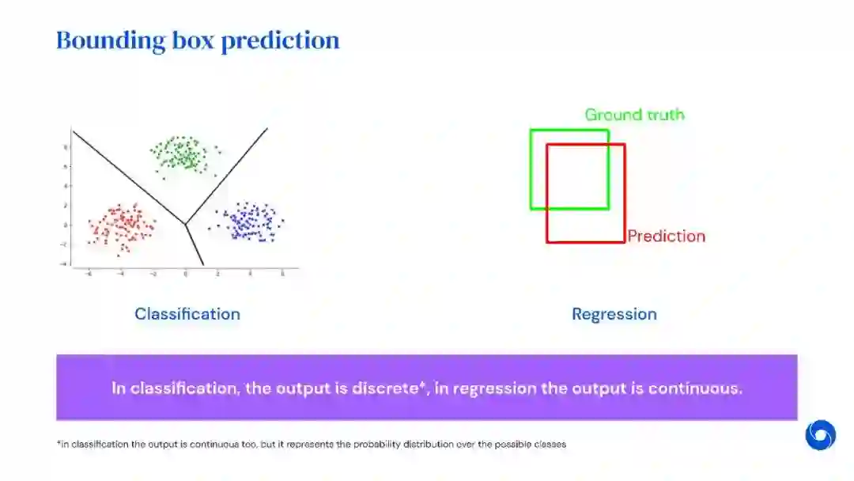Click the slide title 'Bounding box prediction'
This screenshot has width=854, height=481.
pos(198,40)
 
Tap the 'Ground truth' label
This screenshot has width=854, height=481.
pos(634,115)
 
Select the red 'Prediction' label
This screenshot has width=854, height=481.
pos(666,236)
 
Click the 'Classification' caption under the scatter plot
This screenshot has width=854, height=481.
pos(187,314)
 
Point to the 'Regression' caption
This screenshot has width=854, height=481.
pos(614,314)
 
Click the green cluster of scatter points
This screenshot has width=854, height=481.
pos(185,153)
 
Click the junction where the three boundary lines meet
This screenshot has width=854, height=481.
pos(185,225)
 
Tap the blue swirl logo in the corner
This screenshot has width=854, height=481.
pos(820,435)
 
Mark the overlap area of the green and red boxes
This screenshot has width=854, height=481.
pos(577,176)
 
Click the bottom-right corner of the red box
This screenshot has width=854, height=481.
pos(625,241)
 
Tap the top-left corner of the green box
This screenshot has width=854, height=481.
pos(531,130)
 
